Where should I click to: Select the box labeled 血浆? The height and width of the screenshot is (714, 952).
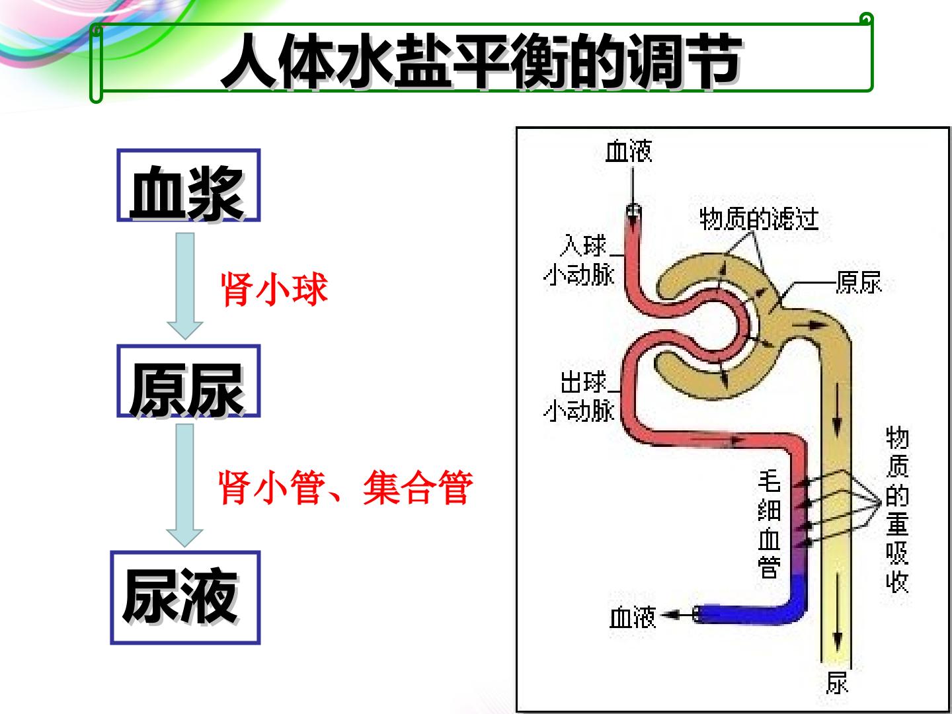(188, 186)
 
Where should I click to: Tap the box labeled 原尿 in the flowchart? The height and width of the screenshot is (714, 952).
(188, 381)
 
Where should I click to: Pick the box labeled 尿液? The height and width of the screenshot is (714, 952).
(185, 598)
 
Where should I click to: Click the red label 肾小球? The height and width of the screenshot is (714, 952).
(274, 290)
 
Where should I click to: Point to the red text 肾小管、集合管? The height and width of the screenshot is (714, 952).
(345, 488)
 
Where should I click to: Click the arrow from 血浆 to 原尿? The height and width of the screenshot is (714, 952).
(184, 286)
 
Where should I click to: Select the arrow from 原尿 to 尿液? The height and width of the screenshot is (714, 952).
(184, 485)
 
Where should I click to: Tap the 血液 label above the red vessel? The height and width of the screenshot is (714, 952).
(629, 151)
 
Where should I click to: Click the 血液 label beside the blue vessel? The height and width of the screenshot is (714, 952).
(633, 617)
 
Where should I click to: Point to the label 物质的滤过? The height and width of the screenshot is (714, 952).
(758, 219)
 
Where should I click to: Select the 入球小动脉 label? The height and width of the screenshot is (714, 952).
(579, 260)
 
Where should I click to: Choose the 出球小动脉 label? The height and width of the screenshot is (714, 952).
(579, 397)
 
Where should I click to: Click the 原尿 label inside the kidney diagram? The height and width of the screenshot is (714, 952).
(859, 283)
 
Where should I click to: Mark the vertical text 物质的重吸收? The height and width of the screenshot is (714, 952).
(897, 510)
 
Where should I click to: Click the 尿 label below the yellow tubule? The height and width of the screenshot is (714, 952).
(836, 684)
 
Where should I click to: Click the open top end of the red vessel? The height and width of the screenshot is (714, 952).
(633, 211)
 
